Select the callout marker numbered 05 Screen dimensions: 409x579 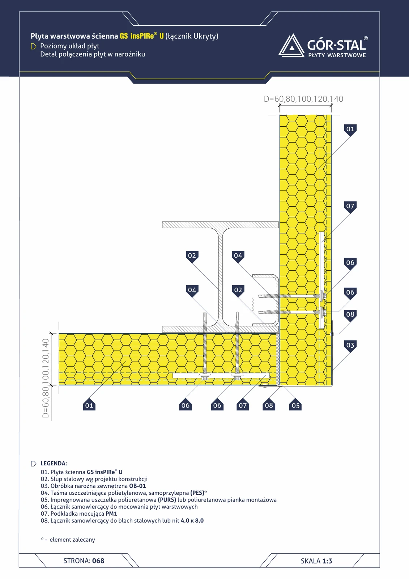(x=295, y=405)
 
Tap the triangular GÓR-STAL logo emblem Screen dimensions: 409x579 (x=292, y=46)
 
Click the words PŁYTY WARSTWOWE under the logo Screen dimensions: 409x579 (x=337, y=55)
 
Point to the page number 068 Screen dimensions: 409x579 (x=98, y=561)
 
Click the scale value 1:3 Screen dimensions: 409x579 (x=327, y=561)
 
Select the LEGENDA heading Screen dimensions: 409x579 (x=54, y=463)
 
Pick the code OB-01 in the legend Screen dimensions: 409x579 (x=137, y=486)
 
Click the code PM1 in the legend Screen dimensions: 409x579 (x=111, y=514)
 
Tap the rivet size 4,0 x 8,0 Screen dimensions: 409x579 (x=192, y=521)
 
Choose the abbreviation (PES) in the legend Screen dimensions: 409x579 (x=197, y=493)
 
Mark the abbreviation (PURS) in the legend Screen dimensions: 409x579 (x=167, y=500)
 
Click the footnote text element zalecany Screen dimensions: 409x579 (x=72, y=540)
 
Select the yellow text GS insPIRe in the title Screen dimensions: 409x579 (x=137, y=36)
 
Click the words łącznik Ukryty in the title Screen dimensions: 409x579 (x=192, y=36)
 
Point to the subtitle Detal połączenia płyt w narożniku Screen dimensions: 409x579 (x=93, y=54)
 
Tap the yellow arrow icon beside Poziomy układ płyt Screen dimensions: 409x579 (x=33, y=46)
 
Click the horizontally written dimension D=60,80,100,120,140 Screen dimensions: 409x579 (x=303, y=99)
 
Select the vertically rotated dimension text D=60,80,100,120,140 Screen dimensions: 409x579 (x=46, y=378)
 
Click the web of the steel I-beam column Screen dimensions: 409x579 (x=220, y=277)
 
